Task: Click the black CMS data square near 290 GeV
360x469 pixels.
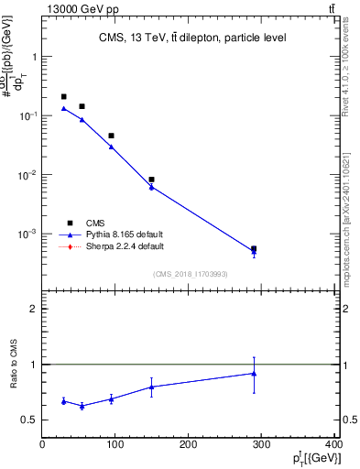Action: [x=254, y=248]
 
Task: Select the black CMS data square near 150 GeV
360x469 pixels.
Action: [x=151, y=180]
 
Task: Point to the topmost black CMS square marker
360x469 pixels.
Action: [x=63, y=96]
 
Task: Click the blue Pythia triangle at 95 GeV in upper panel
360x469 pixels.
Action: [x=111, y=147]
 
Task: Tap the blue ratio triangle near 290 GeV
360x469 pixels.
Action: [x=254, y=373]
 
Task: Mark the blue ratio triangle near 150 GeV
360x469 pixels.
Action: [x=151, y=387]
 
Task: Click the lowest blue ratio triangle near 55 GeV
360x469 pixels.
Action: [x=82, y=406]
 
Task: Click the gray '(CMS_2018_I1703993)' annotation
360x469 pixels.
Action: [x=191, y=274]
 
